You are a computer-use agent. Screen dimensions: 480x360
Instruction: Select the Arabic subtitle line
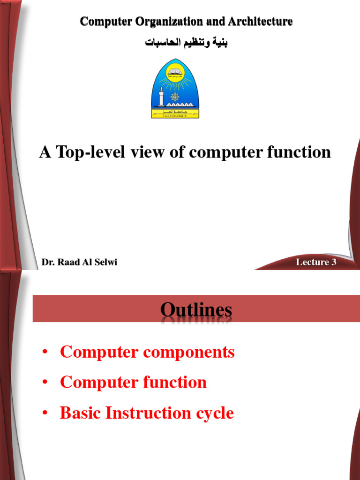click(187, 43)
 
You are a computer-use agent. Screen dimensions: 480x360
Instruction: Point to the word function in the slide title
click(298, 152)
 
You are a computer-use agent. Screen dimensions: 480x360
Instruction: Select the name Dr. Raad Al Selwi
click(79, 262)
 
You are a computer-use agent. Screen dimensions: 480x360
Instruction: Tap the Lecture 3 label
click(316, 262)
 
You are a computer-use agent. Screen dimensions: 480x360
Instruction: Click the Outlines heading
click(196, 310)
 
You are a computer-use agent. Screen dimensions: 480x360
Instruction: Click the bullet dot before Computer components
click(45, 352)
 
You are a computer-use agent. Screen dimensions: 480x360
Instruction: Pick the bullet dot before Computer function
click(45, 382)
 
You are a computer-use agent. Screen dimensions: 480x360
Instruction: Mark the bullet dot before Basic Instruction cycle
click(45, 413)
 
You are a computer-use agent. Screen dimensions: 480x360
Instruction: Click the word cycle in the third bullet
click(213, 413)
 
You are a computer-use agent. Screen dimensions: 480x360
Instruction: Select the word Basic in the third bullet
click(81, 413)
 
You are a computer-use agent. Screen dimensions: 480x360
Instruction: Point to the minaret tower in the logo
click(162, 96)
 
